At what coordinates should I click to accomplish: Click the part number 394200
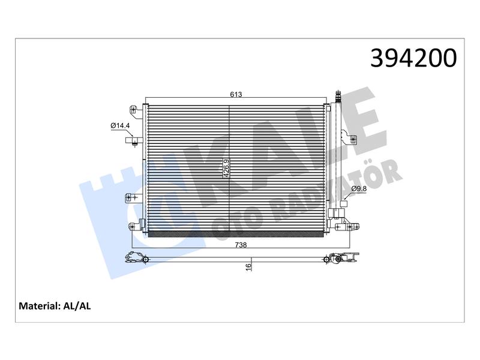413,58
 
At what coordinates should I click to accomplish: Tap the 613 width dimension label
236,94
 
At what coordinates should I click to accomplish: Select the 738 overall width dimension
241,245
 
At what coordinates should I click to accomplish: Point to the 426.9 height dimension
226,168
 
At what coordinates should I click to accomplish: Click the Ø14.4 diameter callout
120,125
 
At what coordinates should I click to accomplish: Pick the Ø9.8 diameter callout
359,188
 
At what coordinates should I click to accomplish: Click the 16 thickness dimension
248,266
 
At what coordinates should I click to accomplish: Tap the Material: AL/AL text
55,306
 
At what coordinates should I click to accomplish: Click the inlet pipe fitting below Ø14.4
134,140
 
